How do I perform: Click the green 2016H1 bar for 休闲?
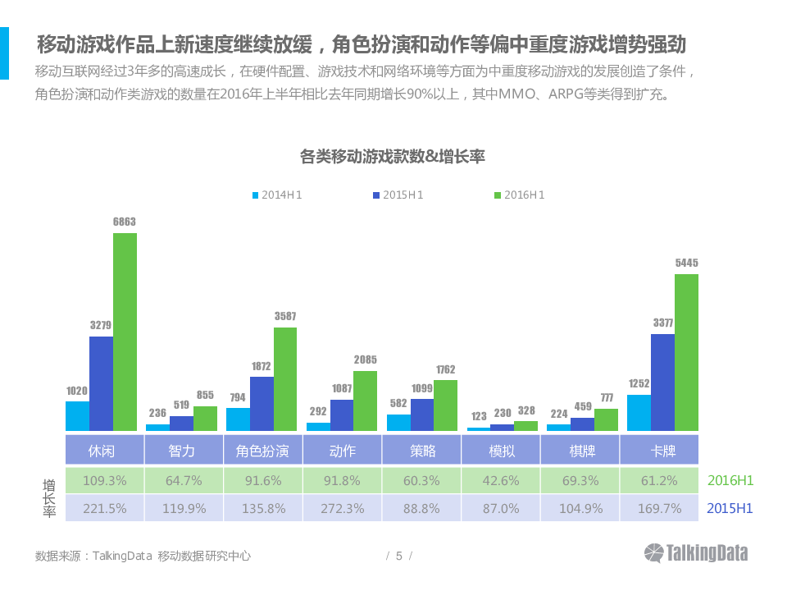[x=125, y=332]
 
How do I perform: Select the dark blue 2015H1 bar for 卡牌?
[x=662, y=383]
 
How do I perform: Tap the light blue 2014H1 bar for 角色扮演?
[x=238, y=419]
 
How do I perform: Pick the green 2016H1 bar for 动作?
[x=365, y=401]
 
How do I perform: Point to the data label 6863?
[x=125, y=222]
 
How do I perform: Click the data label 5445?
[x=686, y=263]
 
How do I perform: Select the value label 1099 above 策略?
[x=422, y=387]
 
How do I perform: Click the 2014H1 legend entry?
[x=277, y=195]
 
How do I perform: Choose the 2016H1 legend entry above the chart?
[x=519, y=195]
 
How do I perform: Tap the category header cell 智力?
[x=182, y=451]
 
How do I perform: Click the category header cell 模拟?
[x=502, y=451]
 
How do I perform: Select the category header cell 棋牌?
[x=581, y=451]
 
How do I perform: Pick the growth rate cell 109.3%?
[x=105, y=480]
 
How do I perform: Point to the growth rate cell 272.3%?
[x=342, y=508]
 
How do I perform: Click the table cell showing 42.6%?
[x=502, y=480]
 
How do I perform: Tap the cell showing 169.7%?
[x=661, y=508]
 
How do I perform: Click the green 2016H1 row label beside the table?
[x=730, y=480]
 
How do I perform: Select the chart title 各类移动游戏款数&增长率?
[x=393, y=156]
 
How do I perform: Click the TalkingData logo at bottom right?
[x=696, y=552]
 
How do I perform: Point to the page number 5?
[x=399, y=556]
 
